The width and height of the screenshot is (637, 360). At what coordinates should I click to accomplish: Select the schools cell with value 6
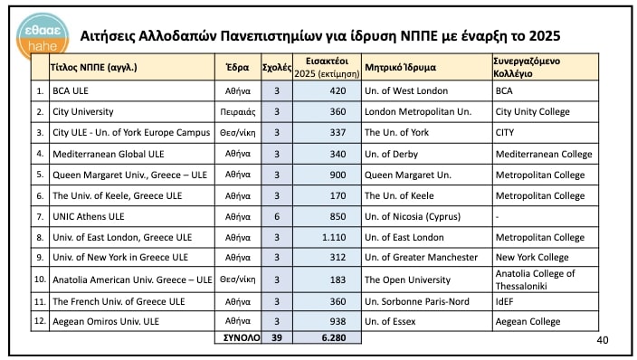(x=276, y=216)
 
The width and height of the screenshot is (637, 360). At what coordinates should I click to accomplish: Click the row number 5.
(x=39, y=175)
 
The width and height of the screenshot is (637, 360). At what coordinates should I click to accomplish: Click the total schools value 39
(x=276, y=337)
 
